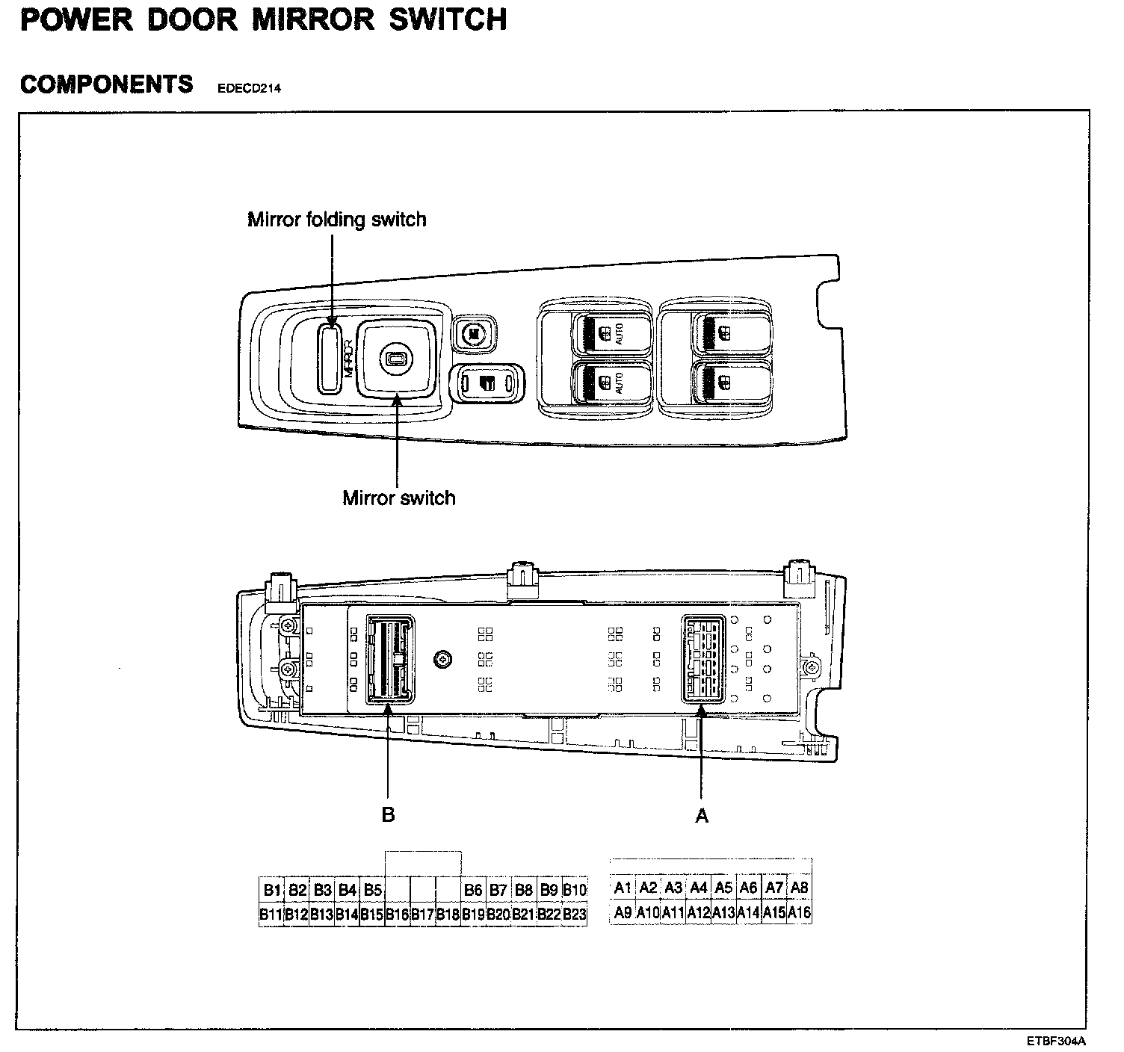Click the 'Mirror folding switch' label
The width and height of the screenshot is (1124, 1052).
336,220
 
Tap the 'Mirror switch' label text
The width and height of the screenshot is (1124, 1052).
399,498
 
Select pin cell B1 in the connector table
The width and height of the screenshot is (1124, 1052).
271,890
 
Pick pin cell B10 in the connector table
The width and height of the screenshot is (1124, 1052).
575,890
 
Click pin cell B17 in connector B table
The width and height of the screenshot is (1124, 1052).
423,914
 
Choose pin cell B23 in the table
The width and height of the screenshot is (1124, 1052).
575,914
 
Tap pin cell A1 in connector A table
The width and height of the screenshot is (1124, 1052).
623,888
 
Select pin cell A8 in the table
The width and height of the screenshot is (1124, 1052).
800,888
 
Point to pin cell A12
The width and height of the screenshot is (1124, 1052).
699,912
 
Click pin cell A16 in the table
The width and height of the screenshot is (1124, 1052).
800,912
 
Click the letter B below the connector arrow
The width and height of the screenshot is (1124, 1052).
388,814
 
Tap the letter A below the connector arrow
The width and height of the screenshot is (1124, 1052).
701,816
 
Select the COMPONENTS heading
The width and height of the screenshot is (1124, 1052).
107,84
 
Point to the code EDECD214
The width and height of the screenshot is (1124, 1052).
244,89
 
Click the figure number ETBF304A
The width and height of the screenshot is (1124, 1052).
1055,1041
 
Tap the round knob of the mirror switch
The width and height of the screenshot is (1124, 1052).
393,360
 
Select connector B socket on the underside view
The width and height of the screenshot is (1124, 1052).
388,659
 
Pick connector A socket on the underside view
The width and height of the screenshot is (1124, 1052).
701,659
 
